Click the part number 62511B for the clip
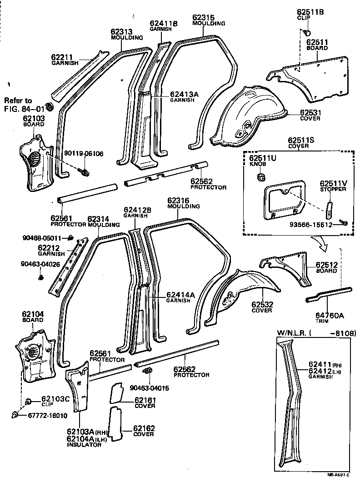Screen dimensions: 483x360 [310, 12]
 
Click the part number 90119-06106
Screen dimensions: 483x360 [84, 154]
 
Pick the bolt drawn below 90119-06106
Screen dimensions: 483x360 [85, 172]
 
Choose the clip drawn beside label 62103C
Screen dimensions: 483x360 [29, 401]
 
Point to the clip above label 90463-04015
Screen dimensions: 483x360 [147, 372]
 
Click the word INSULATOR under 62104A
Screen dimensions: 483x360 [84, 445]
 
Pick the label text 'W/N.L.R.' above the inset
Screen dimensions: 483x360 [291, 333]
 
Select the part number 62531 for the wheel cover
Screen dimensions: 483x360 [310, 112]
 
